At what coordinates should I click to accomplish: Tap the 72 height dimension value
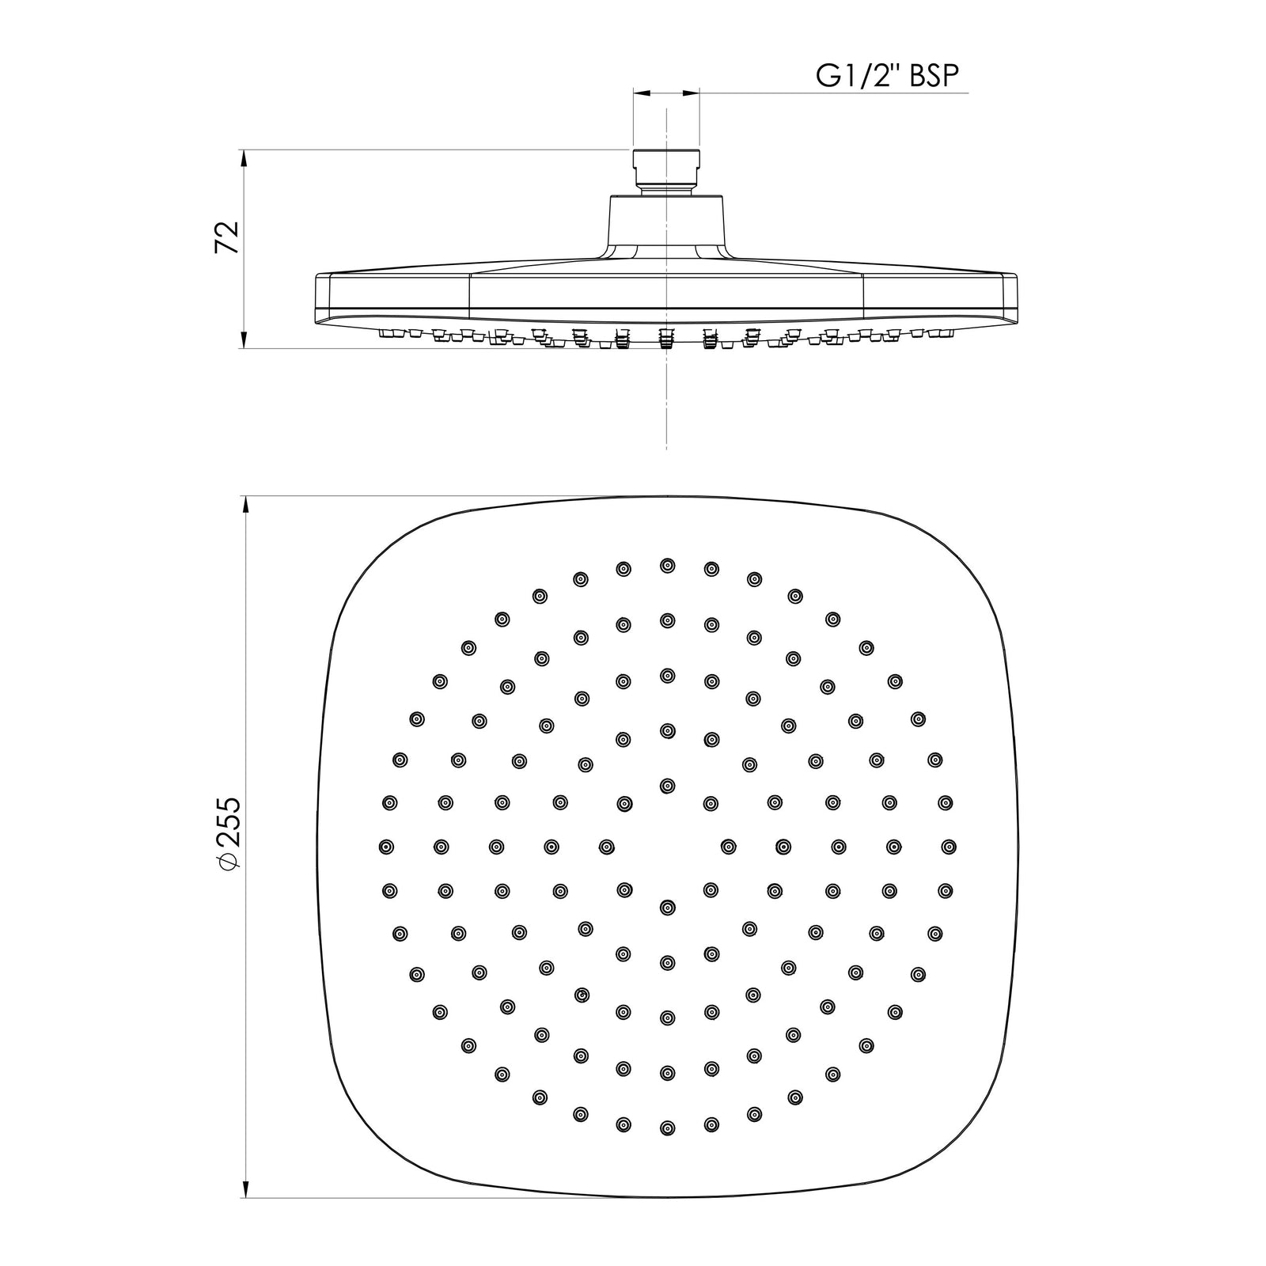[x=227, y=237]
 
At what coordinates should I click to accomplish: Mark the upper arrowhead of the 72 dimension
[x=244, y=158]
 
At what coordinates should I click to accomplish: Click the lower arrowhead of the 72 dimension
[x=244, y=339]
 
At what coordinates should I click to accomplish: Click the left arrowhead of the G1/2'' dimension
[x=642, y=93]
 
